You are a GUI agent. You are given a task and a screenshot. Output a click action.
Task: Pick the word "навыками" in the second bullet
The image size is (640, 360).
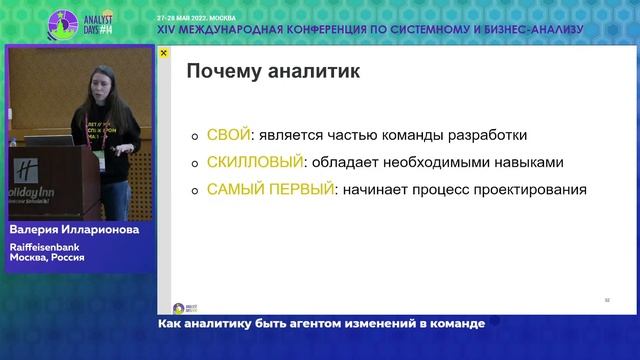[x=527, y=162]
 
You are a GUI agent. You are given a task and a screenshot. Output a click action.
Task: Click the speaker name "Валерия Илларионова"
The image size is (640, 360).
[x=73, y=230]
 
